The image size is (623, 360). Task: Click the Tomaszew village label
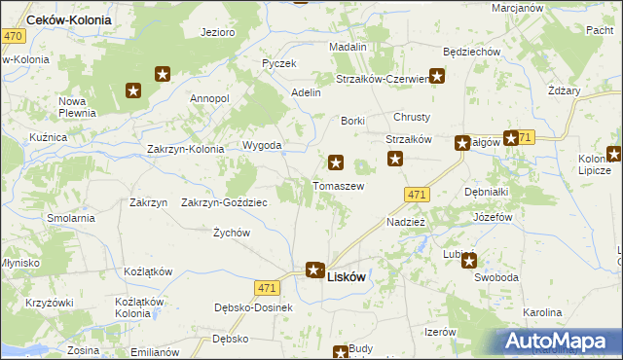click(338, 185)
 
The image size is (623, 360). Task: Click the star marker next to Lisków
click(314, 270)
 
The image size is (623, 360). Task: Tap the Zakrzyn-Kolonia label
click(185, 149)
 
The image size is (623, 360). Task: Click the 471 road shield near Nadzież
click(416, 196)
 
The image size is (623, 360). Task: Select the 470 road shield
click(13, 36)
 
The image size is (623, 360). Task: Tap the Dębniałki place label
click(487, 192)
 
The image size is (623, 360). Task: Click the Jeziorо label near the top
click(218, 32)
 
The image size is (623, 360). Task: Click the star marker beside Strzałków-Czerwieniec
click(437, 75)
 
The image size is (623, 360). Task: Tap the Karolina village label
click(542, 312)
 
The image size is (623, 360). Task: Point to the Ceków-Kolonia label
click(68, 19)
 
